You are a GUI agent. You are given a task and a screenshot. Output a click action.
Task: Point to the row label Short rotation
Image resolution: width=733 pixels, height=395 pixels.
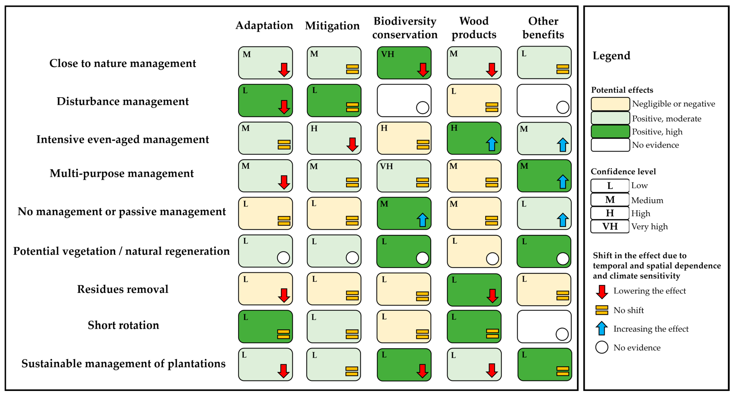123,325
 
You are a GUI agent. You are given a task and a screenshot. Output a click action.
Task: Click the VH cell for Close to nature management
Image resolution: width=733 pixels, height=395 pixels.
404,63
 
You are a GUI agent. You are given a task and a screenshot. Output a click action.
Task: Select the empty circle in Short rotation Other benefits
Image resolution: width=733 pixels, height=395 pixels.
562,334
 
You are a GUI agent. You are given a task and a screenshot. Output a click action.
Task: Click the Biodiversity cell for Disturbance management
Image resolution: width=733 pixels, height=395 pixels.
404,100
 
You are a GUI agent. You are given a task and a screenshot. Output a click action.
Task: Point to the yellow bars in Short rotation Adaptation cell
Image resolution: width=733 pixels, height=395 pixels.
283,334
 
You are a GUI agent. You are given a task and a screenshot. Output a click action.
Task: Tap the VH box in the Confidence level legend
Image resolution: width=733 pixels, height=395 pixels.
610,226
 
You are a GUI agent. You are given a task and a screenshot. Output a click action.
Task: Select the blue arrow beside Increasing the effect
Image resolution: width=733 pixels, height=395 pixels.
602,328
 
